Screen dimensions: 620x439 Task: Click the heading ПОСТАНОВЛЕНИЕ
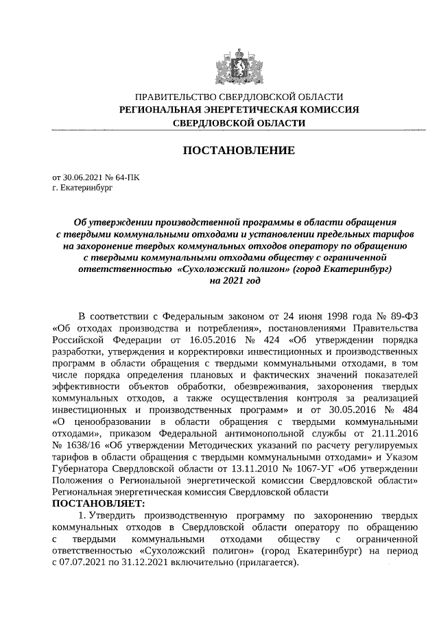point(238,150)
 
